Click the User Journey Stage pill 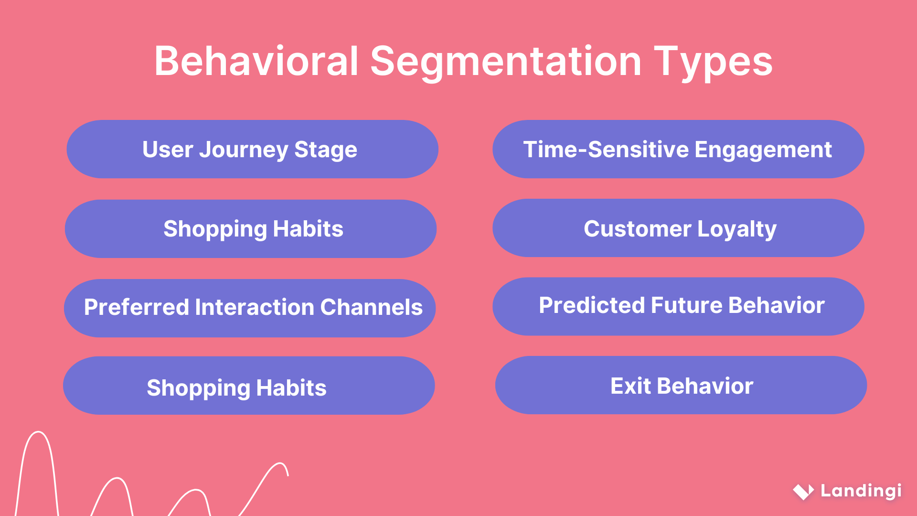[x=252, y=149]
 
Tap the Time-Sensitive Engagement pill [x=678, y=149]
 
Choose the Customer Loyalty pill [x=678, y=228]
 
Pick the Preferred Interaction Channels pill [x=249, y=308]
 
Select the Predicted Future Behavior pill [x=678, y=306]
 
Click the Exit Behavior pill [x=681, y=385]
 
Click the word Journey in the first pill [x=244, y=150]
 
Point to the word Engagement [x=763, y=150]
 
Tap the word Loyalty [x=736, y=229]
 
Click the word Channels [x=371, y=307]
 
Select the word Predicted [x=591, y=305]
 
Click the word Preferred [x=136, y=307]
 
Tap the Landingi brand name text [x=861, y=491]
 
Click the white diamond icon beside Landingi [x=803, y=491]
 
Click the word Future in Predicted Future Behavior [x=686, y=305]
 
